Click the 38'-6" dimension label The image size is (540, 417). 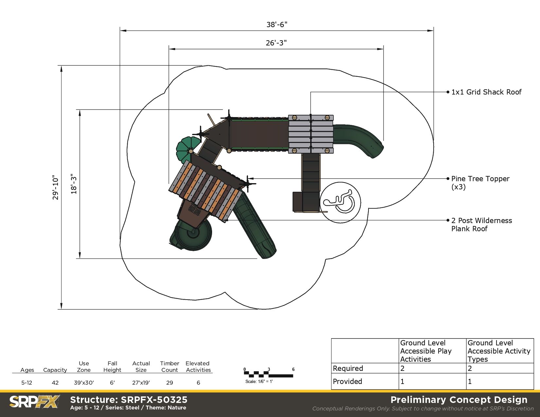(x=277, y=25)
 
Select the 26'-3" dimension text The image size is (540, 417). (x=276, y=43)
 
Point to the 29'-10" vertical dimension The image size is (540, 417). (x=55, y=187)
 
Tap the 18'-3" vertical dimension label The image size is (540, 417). (x=74, y=184)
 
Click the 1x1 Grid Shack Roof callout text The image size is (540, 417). (x=486, y=92)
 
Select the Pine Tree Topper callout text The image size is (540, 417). (x=480, y=182)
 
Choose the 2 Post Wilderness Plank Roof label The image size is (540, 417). (x=482, y=224)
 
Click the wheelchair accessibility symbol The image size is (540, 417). (x=340, y=202)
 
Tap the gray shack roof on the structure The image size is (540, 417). (x=311, y=134)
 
